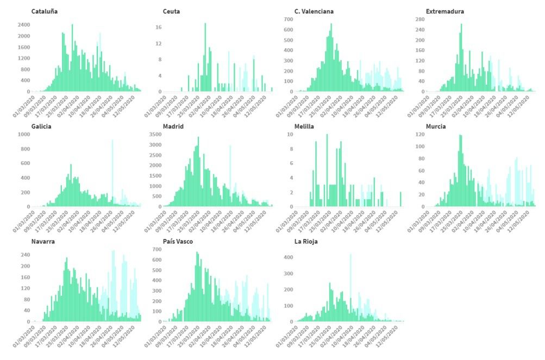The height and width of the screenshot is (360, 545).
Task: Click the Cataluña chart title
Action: [x=45, y=11]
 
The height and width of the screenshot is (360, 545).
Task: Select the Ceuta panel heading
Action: [x=171, y=11]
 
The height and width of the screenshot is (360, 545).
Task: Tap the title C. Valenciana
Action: [x=314, y=11]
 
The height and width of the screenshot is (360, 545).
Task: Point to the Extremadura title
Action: [x=445, y=11]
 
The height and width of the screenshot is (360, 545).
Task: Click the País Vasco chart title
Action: [x=178, y=242]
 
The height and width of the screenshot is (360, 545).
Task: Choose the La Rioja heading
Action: [x=306, y=242]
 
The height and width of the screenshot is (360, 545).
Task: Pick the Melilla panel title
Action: [x=304, y=127]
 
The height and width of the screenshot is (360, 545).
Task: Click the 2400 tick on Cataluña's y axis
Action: [x=23, y=25]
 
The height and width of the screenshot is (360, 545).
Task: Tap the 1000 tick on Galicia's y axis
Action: [x=23, y=134]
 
